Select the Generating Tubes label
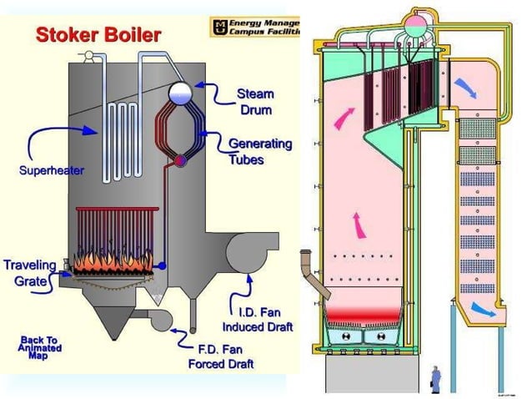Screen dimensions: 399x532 [260, 151]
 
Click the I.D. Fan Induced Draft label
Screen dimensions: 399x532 [255, 319]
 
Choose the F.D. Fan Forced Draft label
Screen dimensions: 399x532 [226, 357]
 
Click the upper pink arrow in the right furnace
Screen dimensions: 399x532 [343, 120]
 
